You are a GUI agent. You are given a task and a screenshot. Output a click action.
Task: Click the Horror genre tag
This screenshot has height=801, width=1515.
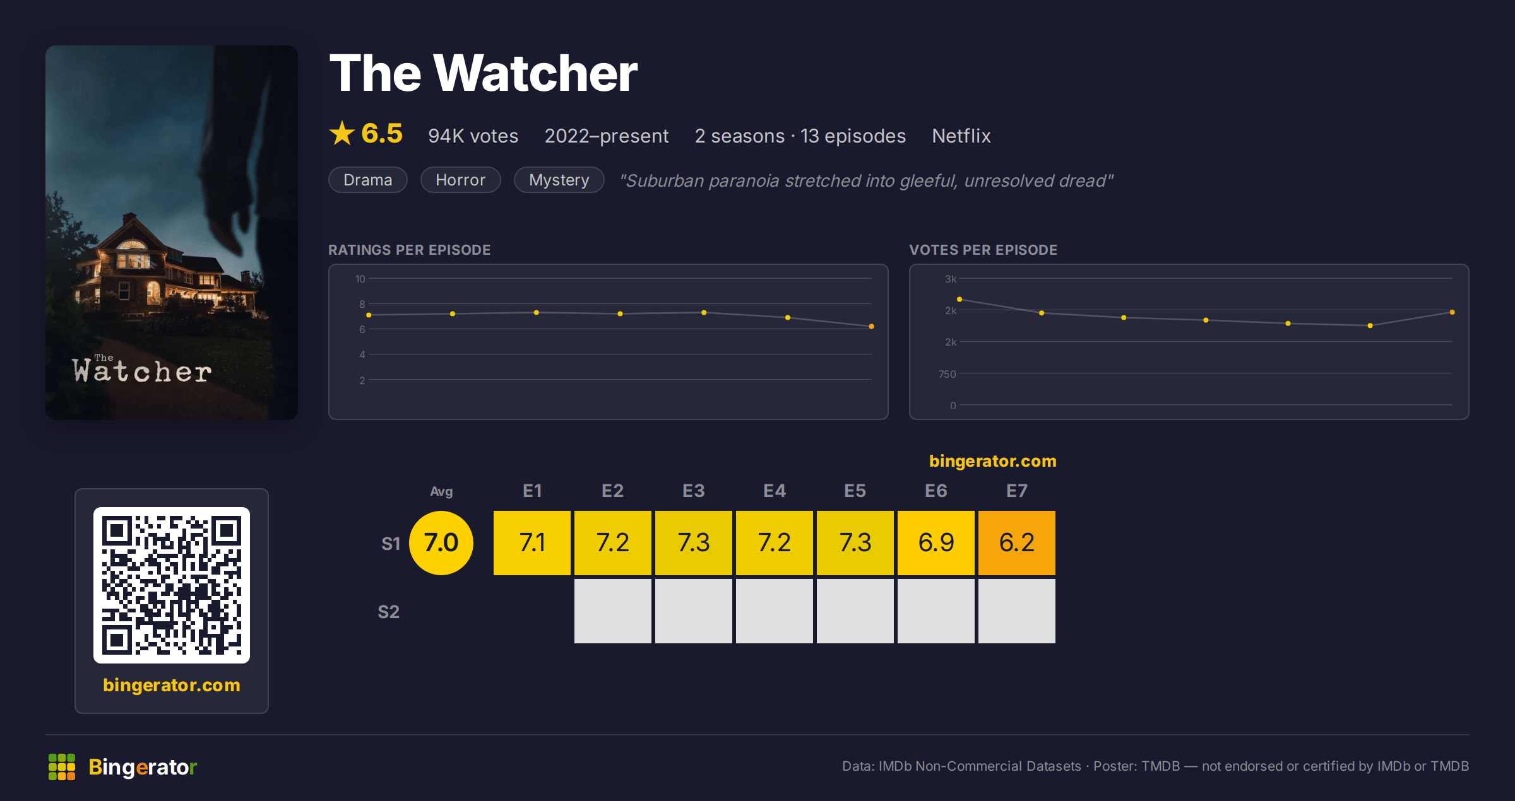(x=460, y=180)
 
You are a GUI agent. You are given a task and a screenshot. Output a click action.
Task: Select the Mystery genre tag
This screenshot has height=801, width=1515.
(x=559, y=180)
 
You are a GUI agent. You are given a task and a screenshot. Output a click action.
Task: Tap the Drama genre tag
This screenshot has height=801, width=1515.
(x=367, y=180)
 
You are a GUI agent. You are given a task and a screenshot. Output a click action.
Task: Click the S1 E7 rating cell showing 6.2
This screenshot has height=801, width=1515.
(x=1016, y=542)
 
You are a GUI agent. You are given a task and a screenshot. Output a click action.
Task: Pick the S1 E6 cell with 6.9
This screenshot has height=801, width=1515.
(x=936, y=542)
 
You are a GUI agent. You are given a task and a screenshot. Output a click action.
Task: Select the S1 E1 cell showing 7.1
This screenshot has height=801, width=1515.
(x=532, y=542)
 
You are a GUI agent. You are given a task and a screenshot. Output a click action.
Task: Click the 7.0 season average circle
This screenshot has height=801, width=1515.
(x=441, y=542)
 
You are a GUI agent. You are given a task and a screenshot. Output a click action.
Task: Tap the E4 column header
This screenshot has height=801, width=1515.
(x=775, y=491)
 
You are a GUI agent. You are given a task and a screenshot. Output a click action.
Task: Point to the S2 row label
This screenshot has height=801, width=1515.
(x=388, y=612)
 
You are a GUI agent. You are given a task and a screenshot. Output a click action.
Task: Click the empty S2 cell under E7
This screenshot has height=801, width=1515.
(x=1016, y=611)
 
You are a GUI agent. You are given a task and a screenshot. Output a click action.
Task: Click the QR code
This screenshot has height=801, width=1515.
(x=172, y=585)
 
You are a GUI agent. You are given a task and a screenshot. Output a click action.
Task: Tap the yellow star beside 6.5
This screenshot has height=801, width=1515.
(x=342, y=133)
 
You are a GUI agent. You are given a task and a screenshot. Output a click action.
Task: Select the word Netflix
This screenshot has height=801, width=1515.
(x=961, y=136)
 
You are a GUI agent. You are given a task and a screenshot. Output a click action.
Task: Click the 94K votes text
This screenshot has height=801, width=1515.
(x=473, y=136)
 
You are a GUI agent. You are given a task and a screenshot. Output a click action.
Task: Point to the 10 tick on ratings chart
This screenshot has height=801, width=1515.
(x=360, y=279)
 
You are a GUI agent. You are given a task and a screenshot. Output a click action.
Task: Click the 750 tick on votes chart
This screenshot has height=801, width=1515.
(x=947, y=374)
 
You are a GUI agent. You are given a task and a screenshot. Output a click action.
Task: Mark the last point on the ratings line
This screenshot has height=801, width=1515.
(x=871, y=326)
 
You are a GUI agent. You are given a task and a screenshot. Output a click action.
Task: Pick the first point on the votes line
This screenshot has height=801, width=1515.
(x=959, y=299)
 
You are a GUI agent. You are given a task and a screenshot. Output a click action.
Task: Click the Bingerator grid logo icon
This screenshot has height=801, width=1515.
(x=62, y=766)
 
